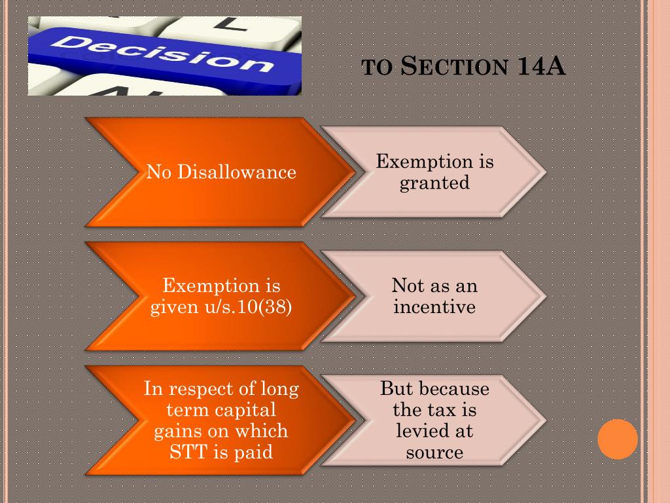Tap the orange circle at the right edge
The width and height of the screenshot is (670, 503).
pyautogui.click(x=618, y=439)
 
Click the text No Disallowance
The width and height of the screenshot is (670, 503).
pyautogui.click(x=221, y=172)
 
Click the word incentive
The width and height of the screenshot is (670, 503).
pyautogui.click(x=434, y=306)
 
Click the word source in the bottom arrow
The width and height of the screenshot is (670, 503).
pyautogui.click(x=434, y=452)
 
